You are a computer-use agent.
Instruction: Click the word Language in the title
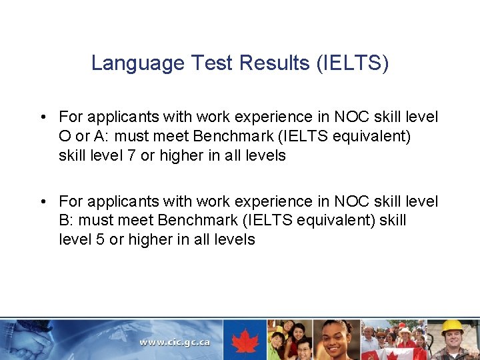[x=137, y=63]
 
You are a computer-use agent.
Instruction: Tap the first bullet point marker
[x=42, y=117]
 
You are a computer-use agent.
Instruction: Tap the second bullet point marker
[x=42, y=201]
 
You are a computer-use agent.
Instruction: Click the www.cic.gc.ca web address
[x=175, y=342]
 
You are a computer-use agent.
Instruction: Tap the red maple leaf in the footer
[x=245, y=340]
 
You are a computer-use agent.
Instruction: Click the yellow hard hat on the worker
[x=452, y=327]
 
